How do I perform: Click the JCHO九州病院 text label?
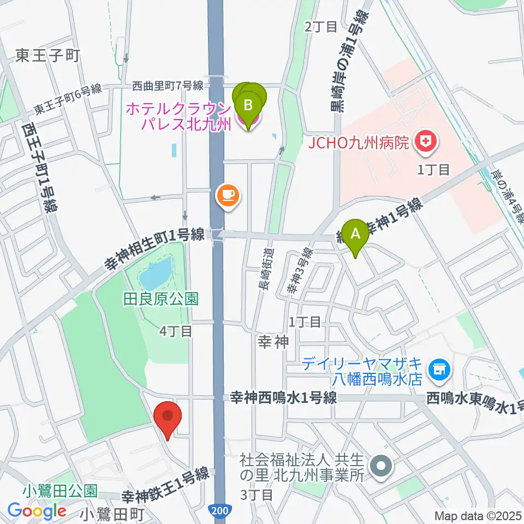[x=358, y=144]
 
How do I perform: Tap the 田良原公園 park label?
[x=160, y=298]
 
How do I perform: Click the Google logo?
[x=37, y=511]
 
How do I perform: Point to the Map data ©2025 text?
[x=478, y=515]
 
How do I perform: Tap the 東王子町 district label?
[x=48, y=55]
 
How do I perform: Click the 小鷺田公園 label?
[x=60, y=490]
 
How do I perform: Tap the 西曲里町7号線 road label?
[x=168, y=86]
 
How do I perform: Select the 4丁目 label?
[x=176, y=330]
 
